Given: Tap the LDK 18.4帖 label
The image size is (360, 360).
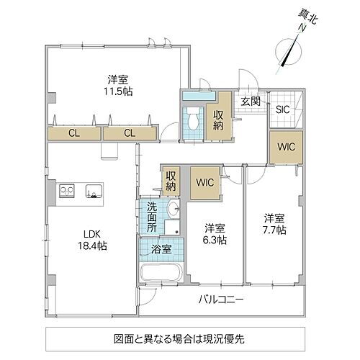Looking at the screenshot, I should pos(94,240).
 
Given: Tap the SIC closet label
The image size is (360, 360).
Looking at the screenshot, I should pos(284,109).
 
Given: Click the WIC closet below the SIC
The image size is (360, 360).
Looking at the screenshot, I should pos(282,146).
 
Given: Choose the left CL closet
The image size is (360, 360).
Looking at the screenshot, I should pos(74,132).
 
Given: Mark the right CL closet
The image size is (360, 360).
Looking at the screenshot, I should pos(129,132).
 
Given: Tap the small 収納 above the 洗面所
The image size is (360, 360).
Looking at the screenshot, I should pos(171,180).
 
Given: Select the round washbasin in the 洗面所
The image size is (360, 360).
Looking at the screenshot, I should pos(173,210).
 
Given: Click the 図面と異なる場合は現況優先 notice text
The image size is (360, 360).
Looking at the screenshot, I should pos(179,337).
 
